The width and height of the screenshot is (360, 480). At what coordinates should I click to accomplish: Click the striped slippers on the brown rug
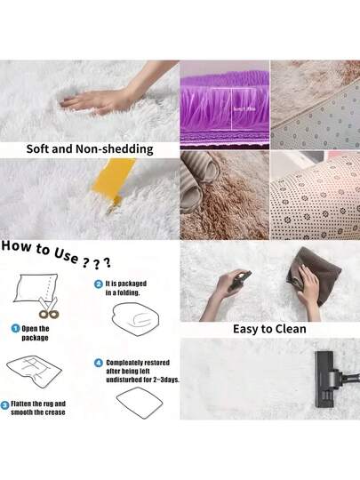coord(204,182)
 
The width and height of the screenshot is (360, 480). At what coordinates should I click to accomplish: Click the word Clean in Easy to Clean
coord(288,329)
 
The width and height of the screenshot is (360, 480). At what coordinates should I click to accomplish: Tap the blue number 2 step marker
coord(98,284)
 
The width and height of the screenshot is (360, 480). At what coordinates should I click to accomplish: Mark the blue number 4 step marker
coord(98,363)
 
